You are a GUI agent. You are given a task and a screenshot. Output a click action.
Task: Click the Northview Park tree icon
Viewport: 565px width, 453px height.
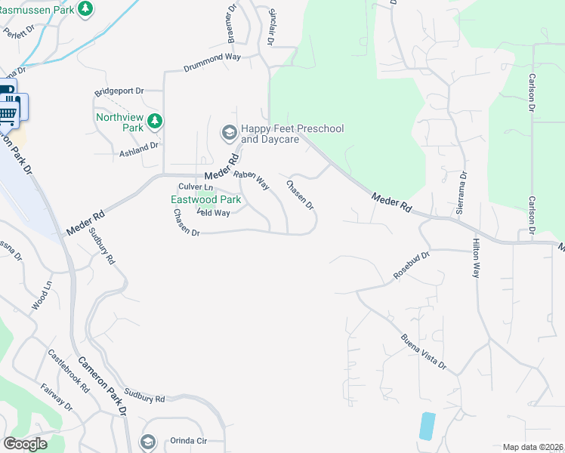pyautogui.click(x=155, y=121)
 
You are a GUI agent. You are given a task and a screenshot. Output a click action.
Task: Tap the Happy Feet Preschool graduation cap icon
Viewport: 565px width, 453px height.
pyautogui.click(x=228, y=134)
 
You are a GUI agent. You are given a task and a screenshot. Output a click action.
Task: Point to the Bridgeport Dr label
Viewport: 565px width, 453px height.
pyautogui.click(x=119, y=91)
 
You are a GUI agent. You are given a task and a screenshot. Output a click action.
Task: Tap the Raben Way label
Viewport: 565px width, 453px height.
pyautogui.click(x=252, y=179)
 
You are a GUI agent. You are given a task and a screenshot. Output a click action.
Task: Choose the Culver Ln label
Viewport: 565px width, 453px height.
pyautogui.click(x=196, y=186)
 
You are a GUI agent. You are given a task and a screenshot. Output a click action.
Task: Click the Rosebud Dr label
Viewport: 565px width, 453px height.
pyautogui.click(x=412, y=267)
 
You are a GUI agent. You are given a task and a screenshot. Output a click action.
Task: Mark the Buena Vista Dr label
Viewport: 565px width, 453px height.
pyautogui.click(x=424, y=352)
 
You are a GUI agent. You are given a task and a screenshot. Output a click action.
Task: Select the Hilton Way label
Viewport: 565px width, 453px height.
pyautogui.click(x=476, y=258)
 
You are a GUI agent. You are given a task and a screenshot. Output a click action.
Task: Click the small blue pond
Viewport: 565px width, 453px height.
pyautogui.click(x=427, y=427)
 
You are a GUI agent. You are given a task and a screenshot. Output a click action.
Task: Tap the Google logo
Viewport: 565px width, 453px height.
pyautogui.click(x=25, y=444)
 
